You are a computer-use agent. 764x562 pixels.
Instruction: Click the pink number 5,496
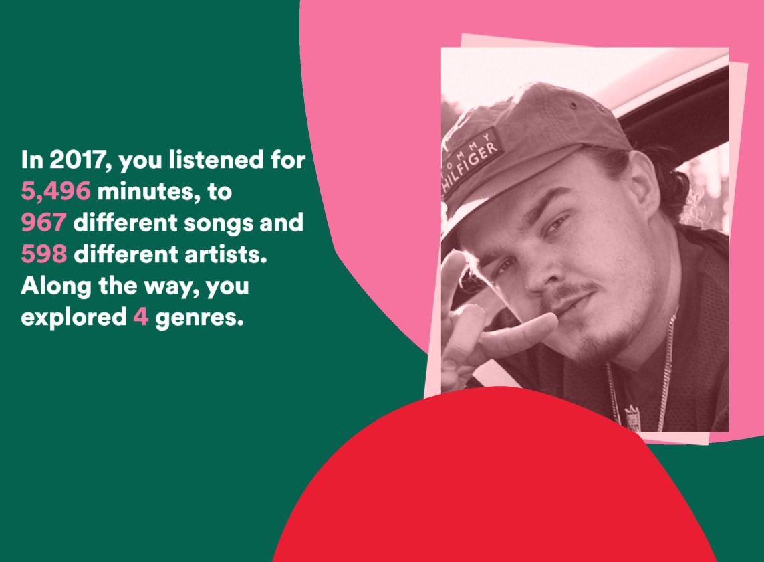pos(55,191)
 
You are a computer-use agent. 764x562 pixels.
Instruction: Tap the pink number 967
pos(43,222)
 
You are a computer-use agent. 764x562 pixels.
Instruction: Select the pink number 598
pos(44,254)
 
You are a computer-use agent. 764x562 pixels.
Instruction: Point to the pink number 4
pos(141,317)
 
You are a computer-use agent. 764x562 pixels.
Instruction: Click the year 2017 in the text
pos(80,160)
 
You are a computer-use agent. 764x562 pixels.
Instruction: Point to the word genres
pos(199,318)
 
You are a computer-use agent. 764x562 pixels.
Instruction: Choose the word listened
pos(216,159)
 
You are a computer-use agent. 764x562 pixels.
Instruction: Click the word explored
pos(74,318)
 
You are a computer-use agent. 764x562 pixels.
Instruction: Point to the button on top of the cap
pos(574,105)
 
